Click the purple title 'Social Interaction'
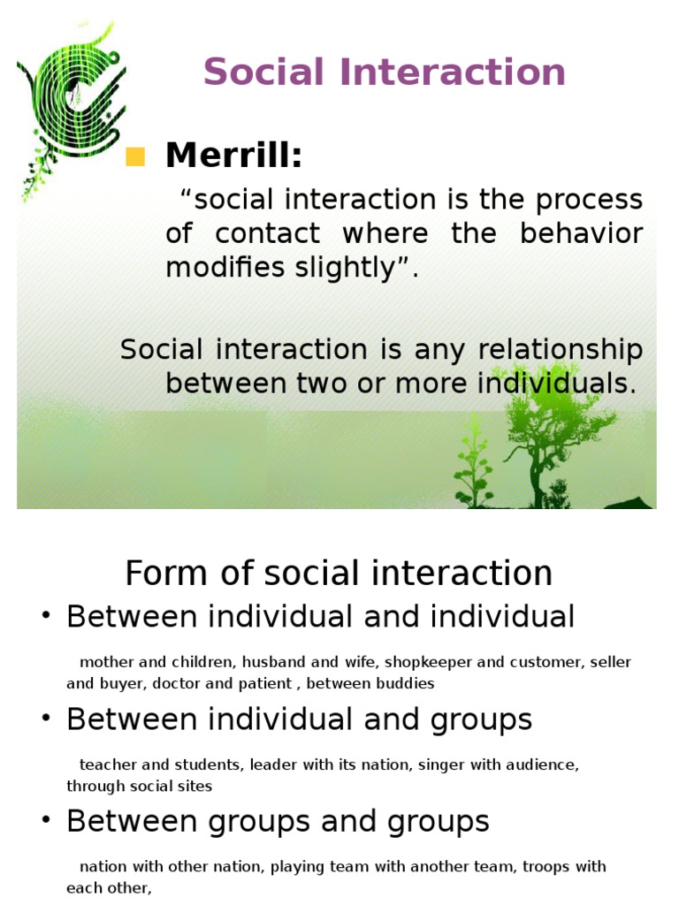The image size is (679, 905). point(385,72)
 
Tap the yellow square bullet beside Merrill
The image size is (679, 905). point(134,157)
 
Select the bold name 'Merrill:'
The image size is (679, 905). point(234,156)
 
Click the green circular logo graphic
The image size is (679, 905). point(71,97)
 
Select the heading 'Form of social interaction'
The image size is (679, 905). point(339,574)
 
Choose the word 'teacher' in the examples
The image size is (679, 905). point(103,764)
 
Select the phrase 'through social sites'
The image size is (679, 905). point(139,785)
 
